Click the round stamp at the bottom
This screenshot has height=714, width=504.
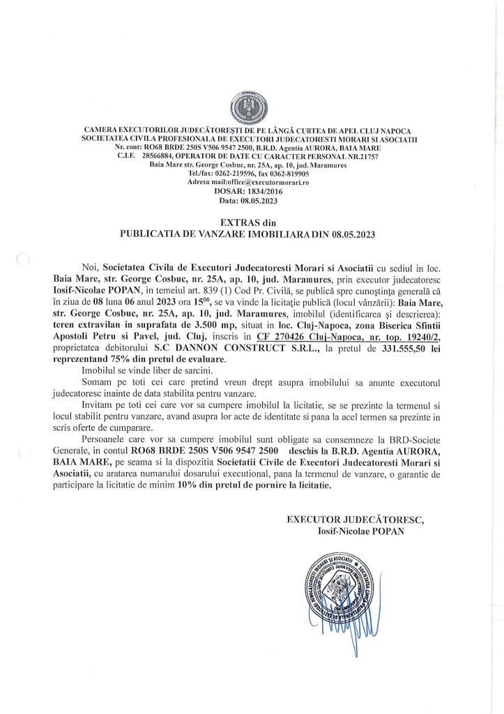point(337,586)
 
